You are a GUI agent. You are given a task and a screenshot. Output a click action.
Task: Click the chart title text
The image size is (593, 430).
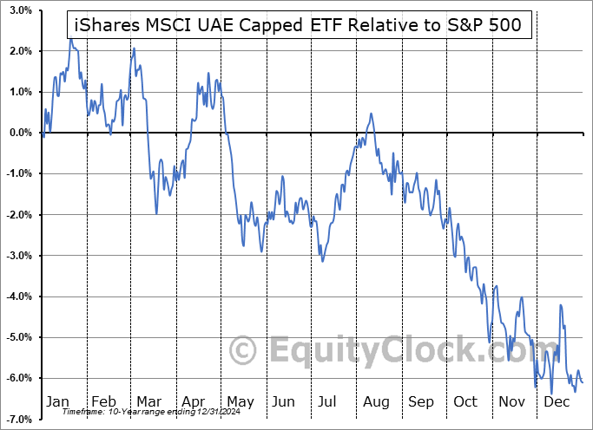(x=297, y=25)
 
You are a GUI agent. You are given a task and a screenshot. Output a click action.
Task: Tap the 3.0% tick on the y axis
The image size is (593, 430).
(x=20, y=10)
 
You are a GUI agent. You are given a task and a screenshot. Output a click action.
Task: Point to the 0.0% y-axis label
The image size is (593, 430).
(x=20, y=133)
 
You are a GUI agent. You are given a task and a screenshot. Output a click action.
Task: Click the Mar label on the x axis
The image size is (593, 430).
(x=149, y=402)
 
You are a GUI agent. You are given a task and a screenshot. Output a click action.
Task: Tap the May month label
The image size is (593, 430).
(x=240, y=402)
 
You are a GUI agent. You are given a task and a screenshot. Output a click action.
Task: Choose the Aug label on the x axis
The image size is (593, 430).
(x=375, y=402)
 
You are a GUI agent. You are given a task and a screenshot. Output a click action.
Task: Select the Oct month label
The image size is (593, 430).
(x=465, y=402)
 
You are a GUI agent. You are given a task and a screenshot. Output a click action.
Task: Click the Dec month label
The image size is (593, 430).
(x=556, y=402)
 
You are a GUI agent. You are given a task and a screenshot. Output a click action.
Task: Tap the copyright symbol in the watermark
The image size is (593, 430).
(x=244, y=351)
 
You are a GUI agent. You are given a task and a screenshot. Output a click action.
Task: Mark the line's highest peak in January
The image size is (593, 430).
(x=71, y=38)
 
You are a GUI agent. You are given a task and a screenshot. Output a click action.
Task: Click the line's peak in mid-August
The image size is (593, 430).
(x=371, y=114)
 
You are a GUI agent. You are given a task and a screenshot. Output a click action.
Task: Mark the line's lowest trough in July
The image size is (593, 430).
(x=322, y=261)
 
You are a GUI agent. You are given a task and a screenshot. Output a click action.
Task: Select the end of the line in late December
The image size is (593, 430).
(x=583, y=382)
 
